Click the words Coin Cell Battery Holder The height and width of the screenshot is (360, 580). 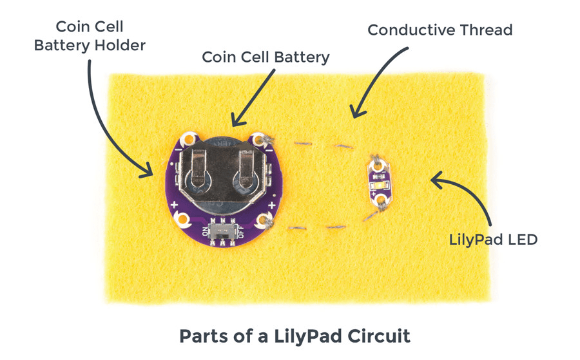90,37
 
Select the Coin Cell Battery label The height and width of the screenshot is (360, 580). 266,57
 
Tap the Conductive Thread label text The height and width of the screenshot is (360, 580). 440,30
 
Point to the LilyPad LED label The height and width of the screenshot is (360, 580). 493,240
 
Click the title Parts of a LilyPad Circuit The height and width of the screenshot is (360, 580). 295,336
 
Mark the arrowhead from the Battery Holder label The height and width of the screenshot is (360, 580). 150,172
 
